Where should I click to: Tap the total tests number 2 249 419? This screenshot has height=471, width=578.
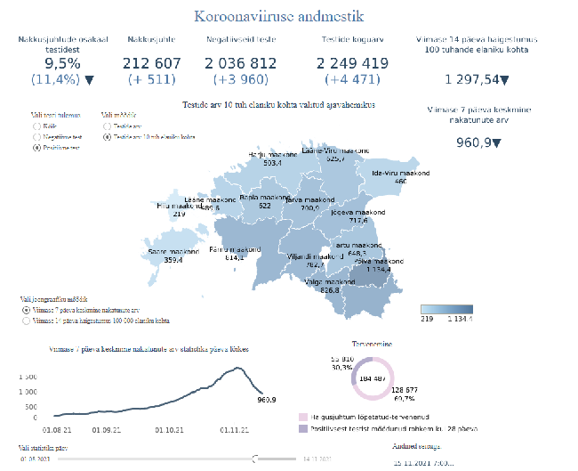352,63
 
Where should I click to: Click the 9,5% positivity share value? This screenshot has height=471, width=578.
62,63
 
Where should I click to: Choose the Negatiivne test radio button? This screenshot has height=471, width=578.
36,138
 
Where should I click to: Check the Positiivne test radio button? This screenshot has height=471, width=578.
36,149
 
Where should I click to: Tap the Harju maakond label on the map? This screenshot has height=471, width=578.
267,154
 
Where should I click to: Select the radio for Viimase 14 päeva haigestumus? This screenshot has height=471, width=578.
24,321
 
